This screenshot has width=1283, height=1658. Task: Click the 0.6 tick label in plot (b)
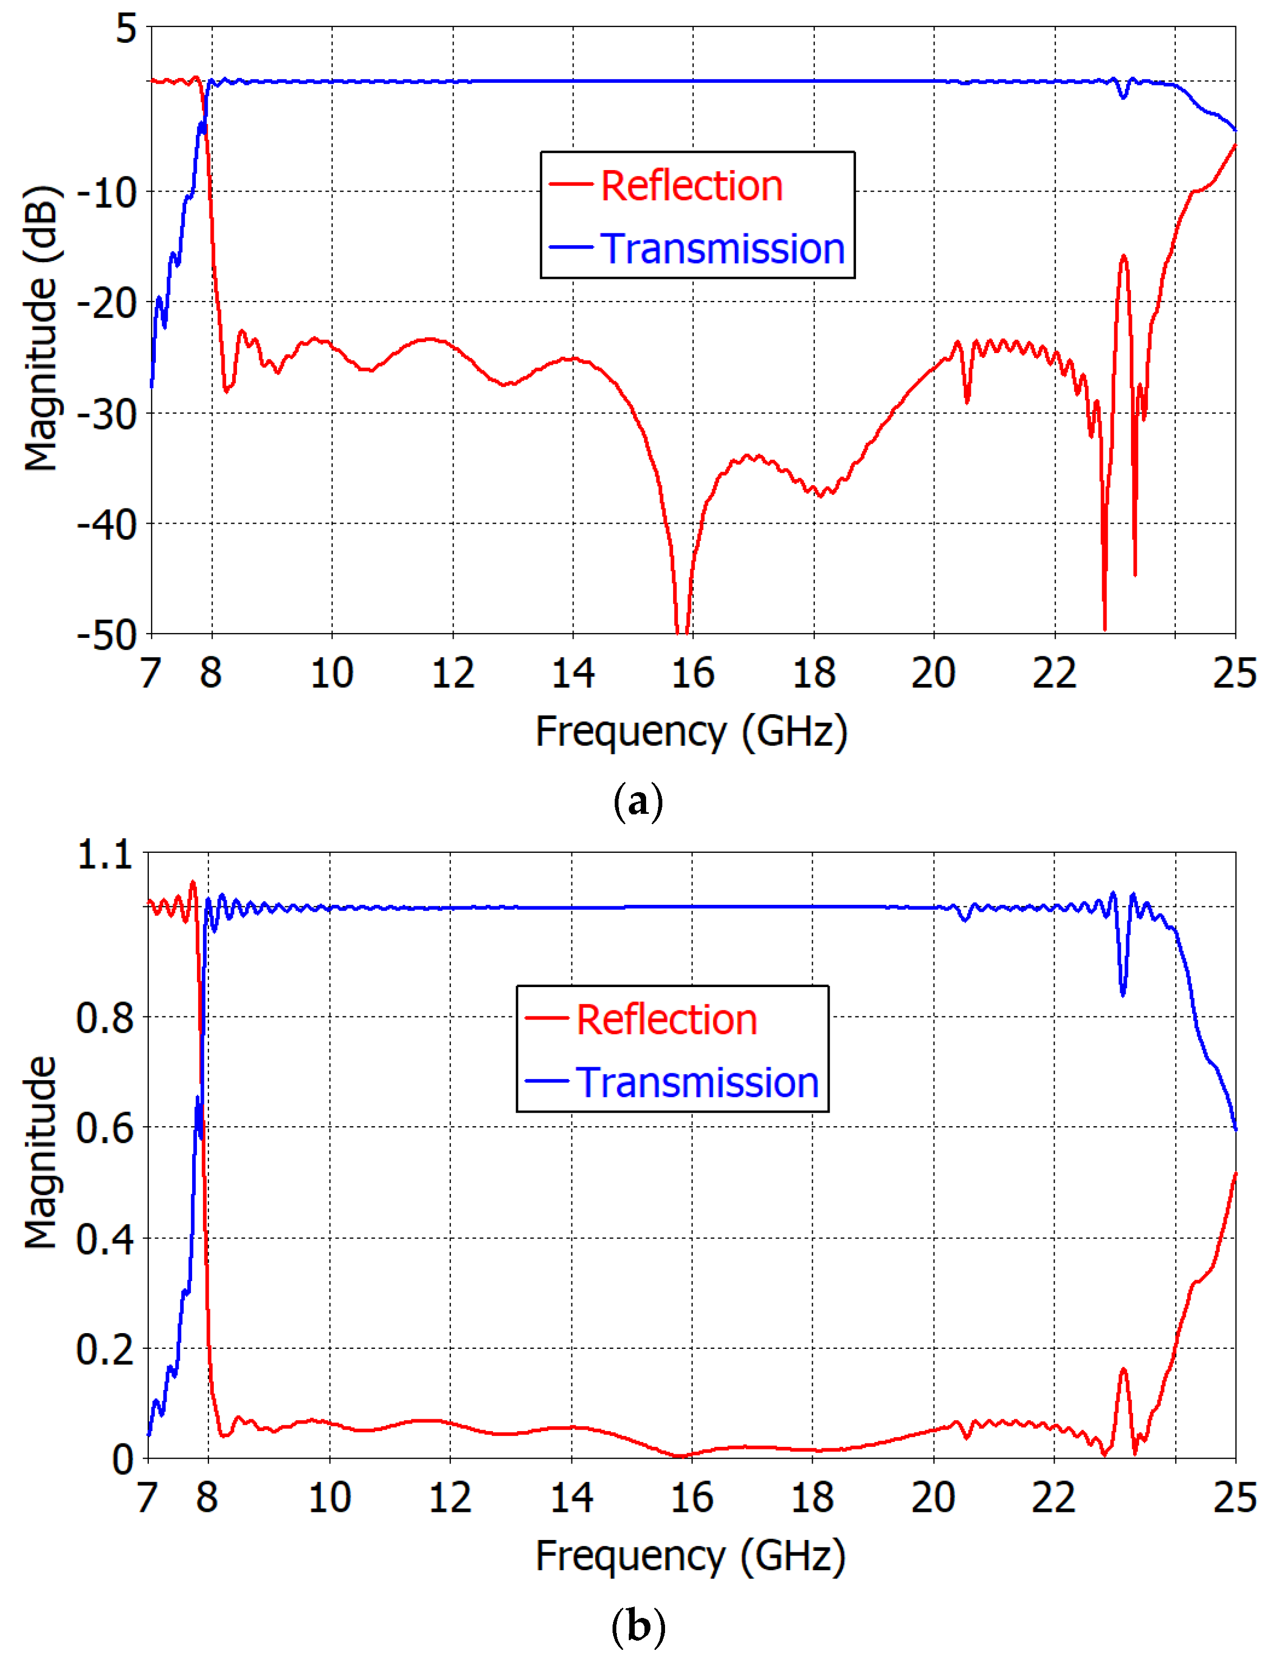(x=104, y=1128)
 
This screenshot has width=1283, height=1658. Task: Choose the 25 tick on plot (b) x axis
(x=1234, y=1498)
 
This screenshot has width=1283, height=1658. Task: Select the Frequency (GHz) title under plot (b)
(x=690, y=1556)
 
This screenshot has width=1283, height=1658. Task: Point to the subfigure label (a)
(x=638, y=802)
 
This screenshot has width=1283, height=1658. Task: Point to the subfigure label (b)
(x=638, y=1626)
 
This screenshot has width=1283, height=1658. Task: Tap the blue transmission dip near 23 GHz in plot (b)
(x=1123, y=993)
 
